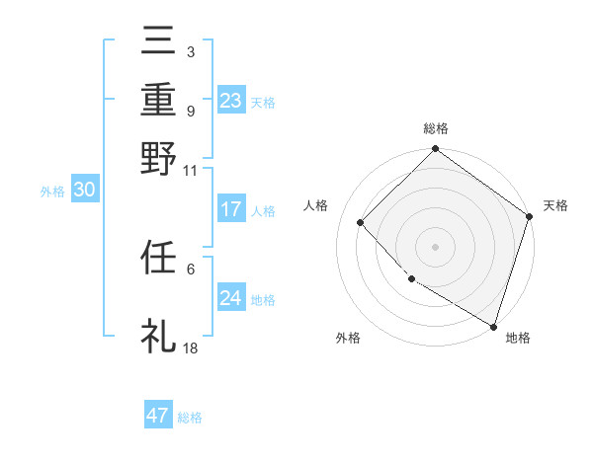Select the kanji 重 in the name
[x=159, y=101]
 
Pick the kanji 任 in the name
[x=159, y=258]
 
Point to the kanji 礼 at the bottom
[x=159, y=335]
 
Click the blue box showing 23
[x=231, y=101]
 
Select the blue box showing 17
[x=231, y=209]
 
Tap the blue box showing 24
[x=231, y=298]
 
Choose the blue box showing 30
[x=84, y=191]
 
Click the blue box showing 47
[x=158, y=416]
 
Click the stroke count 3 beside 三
[x=190, y=50]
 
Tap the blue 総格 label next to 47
[x=190, y=418]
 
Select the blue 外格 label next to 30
[x=52, y=193]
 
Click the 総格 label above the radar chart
[x=436, y=129]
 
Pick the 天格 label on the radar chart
[x=555, y=205]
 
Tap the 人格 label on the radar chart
[x=316, y=205]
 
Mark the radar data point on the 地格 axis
[x=492, y=325]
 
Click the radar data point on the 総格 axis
[x=436, y=149]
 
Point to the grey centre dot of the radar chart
[x=436, y=246]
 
